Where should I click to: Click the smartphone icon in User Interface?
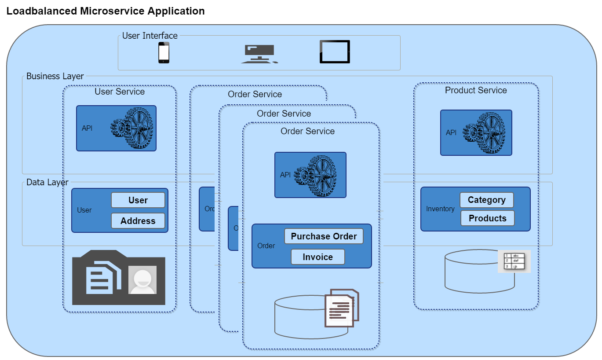(164, 53)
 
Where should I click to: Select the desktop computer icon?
(259, 54)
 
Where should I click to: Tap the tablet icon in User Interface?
(335, 52)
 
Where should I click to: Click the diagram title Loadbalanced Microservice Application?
(106, 11)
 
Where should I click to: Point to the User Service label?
(120, 92)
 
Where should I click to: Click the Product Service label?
(476, 90)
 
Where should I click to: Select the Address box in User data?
(138, 221)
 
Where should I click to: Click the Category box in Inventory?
(486, 200)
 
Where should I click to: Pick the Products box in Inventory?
(487, 218)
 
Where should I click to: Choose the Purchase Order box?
(324, 236)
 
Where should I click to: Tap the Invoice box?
(317, 257)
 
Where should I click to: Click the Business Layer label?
(55, 76)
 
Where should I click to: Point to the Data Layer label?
(47, 182)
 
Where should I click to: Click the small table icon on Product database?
(514, 261)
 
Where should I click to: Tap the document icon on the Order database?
(342, 308)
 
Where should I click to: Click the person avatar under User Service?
(142, 280)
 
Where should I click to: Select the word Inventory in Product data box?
(440, 209)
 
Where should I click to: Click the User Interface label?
(150, 36)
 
